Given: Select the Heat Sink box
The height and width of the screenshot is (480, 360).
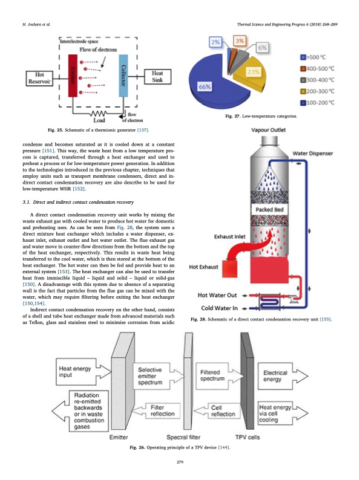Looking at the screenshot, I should click(x=157, y=77).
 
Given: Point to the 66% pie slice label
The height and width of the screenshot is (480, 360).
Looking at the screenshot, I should click(x=206, y=87).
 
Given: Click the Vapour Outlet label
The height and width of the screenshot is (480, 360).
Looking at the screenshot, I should click(x=269, y=129).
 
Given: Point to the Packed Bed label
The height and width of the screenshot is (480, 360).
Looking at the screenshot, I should click(x=267, y=210).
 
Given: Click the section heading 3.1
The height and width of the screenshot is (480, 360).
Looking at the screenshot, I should click(x=77, y=201).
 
